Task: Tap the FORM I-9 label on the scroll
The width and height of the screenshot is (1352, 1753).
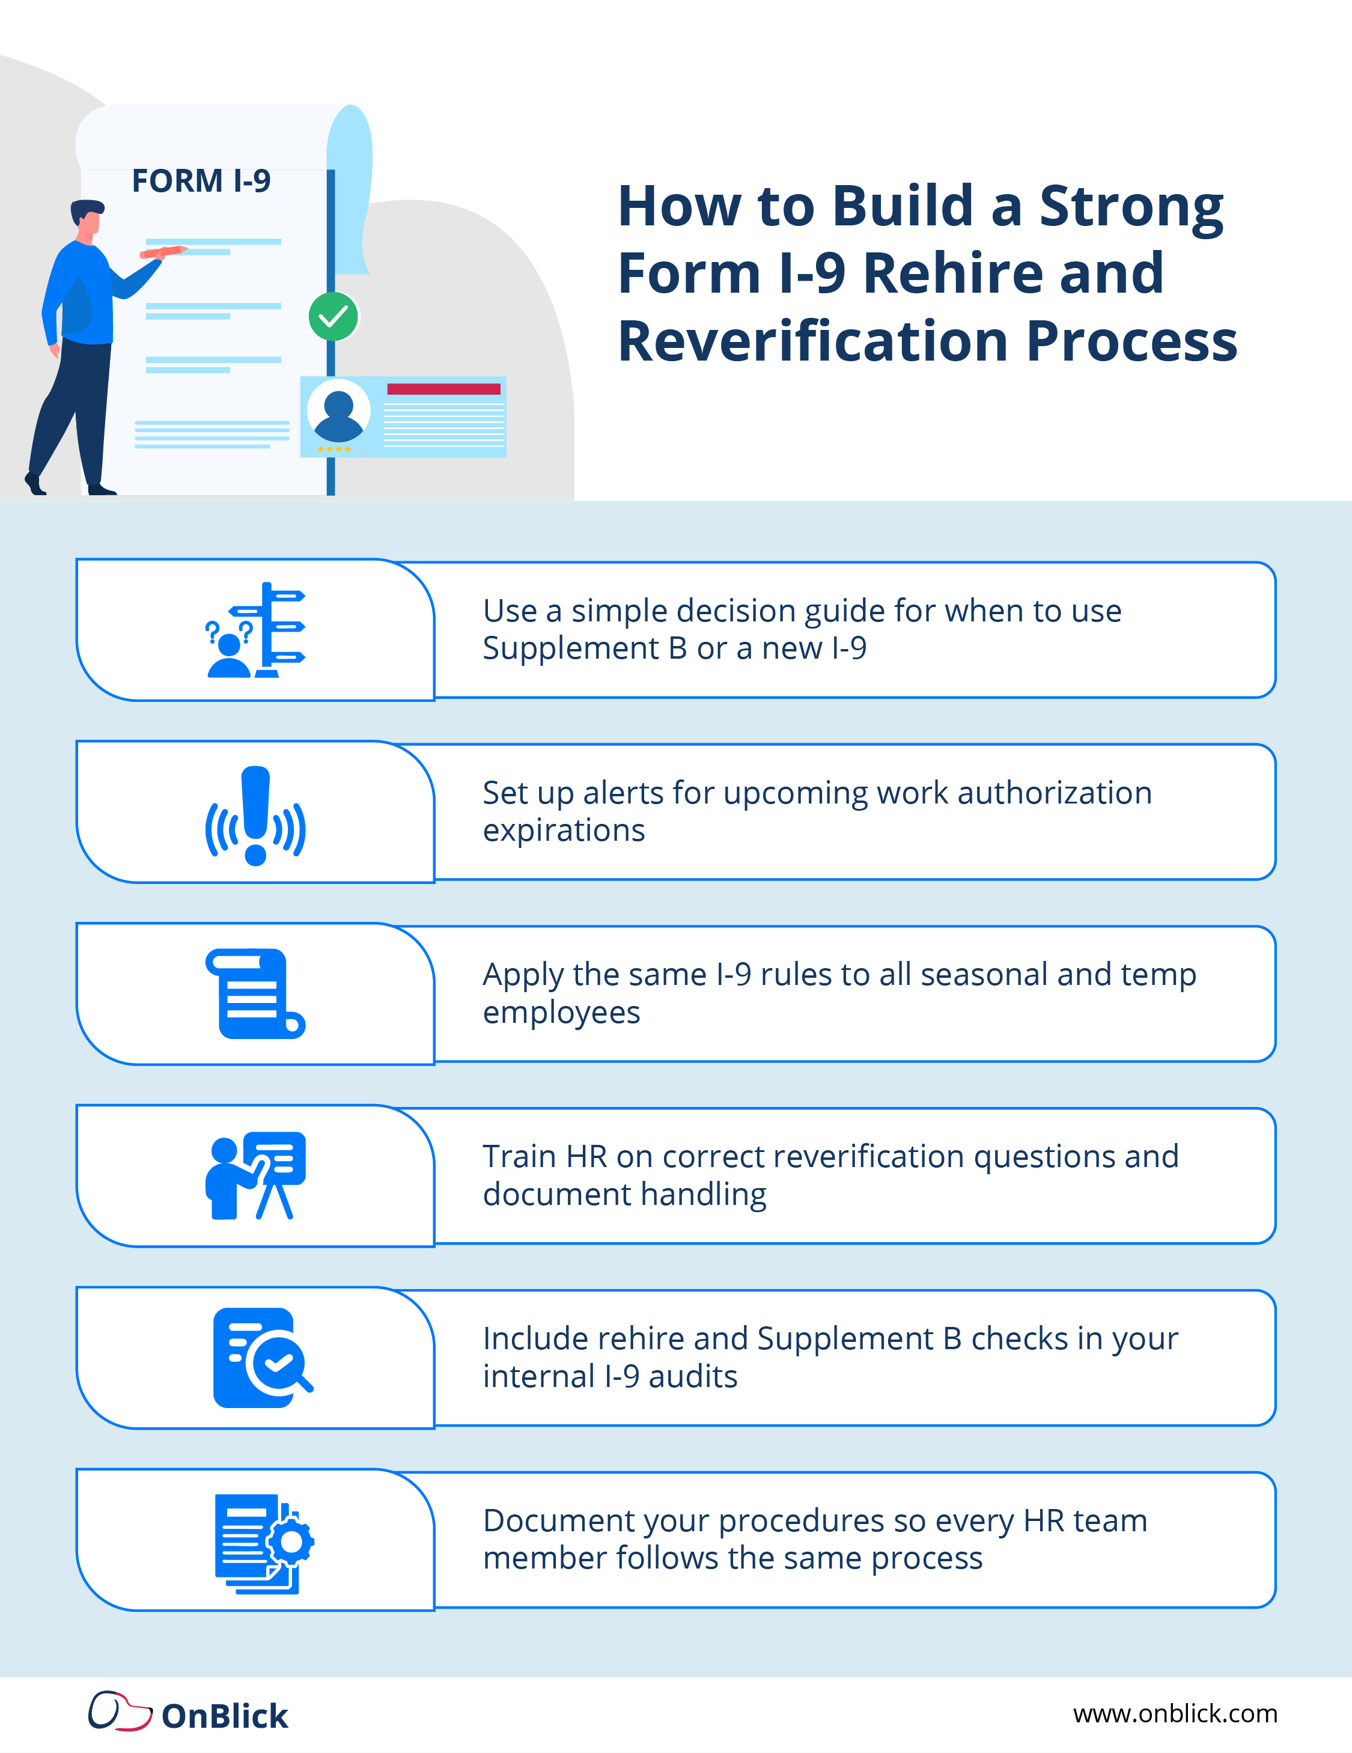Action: click(201, 181)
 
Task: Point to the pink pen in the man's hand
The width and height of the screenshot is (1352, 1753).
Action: click(163, 252)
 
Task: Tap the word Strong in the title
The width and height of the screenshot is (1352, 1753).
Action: click(1131, 206)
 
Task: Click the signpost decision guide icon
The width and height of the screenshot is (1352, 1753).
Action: click(256, 630)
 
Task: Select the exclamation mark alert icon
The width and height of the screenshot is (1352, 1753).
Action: click(255, 816)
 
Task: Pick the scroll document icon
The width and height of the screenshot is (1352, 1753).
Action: click(255, 994)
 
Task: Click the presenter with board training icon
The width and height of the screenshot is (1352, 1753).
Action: click(255, 1176)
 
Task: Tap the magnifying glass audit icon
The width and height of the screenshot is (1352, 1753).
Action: click(263, 1358)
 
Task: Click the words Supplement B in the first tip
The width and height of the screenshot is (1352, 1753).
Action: click(584, 648)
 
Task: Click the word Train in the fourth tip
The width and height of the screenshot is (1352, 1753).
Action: click(519, 1157)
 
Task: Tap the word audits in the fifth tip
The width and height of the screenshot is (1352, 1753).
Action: click(692, 1377)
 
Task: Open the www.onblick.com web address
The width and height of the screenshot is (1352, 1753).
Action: click(1175, 1714)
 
